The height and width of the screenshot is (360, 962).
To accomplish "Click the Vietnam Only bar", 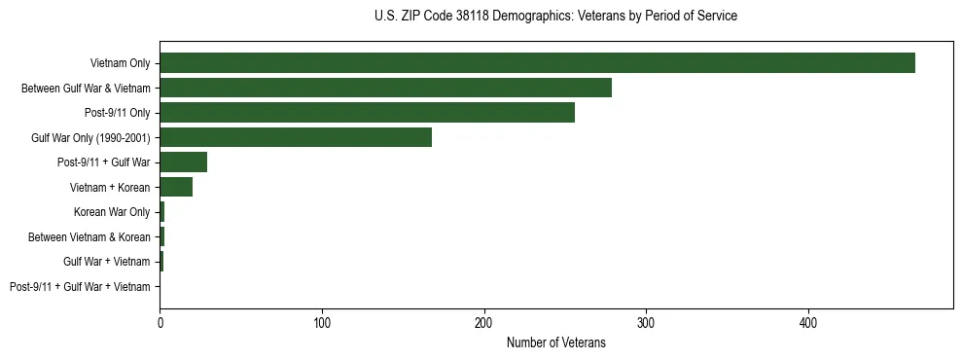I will pyautogui.click(x=537, y=63).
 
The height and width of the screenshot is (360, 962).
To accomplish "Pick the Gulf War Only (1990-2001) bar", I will pyautogui.click(x=296, y=137).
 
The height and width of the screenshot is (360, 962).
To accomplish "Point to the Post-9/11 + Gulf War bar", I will pyautogui.click(x=183, y=162).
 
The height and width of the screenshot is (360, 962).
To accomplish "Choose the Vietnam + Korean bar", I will pyautogui.click(x=176, y=187).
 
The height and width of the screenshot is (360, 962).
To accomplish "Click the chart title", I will pyautogui.click(x=555, y=17).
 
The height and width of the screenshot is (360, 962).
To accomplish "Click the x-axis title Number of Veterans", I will pyautogui.click(x=555, y=342).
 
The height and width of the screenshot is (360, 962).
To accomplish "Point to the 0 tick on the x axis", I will pyautogui.click(x=160, y=322).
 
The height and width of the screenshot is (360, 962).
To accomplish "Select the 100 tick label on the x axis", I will pyautogui.click(x=322, y=322).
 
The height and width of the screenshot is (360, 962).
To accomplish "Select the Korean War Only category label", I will pyautogui.click(x=112, y=212).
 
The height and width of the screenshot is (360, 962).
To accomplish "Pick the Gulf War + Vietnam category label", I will pyautogui.click(x=107, y=262).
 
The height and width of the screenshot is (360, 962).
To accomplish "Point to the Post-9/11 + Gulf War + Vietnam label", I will pyautogui.click(x=80, y=286).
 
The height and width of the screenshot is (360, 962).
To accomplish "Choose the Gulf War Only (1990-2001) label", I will pyautogui.click(x=90, y=137).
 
